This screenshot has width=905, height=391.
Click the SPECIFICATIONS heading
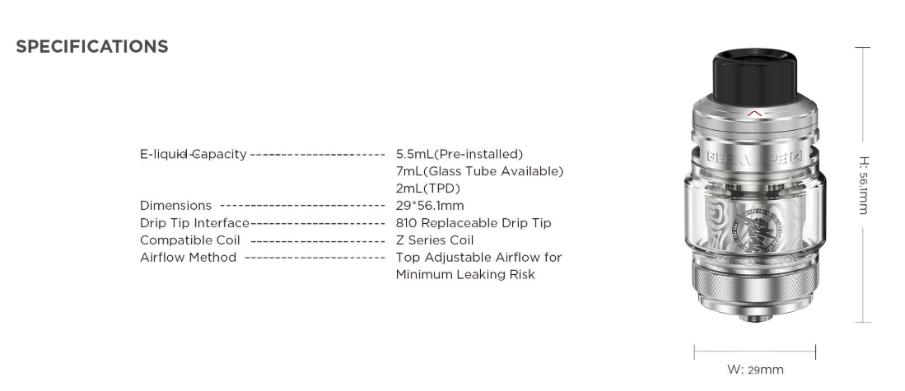91,47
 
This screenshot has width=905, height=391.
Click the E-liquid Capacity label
194,154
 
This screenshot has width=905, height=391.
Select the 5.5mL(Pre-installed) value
459,154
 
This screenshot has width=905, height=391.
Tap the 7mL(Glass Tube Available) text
479,171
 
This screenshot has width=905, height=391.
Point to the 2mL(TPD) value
428,189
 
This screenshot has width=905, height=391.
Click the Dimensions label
175,206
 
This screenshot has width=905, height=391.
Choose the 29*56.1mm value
430,206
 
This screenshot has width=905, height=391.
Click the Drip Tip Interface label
194,223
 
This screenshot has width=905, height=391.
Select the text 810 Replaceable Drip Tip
473,223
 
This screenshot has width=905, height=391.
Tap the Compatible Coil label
190,240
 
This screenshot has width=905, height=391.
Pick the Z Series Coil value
435,240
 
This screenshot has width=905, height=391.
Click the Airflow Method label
188,257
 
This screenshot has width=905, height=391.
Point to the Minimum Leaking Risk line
465,274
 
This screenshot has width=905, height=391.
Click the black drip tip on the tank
754,76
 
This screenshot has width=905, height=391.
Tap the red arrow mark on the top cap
754,114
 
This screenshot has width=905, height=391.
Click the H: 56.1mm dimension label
864,184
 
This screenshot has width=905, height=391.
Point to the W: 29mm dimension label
755,370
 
